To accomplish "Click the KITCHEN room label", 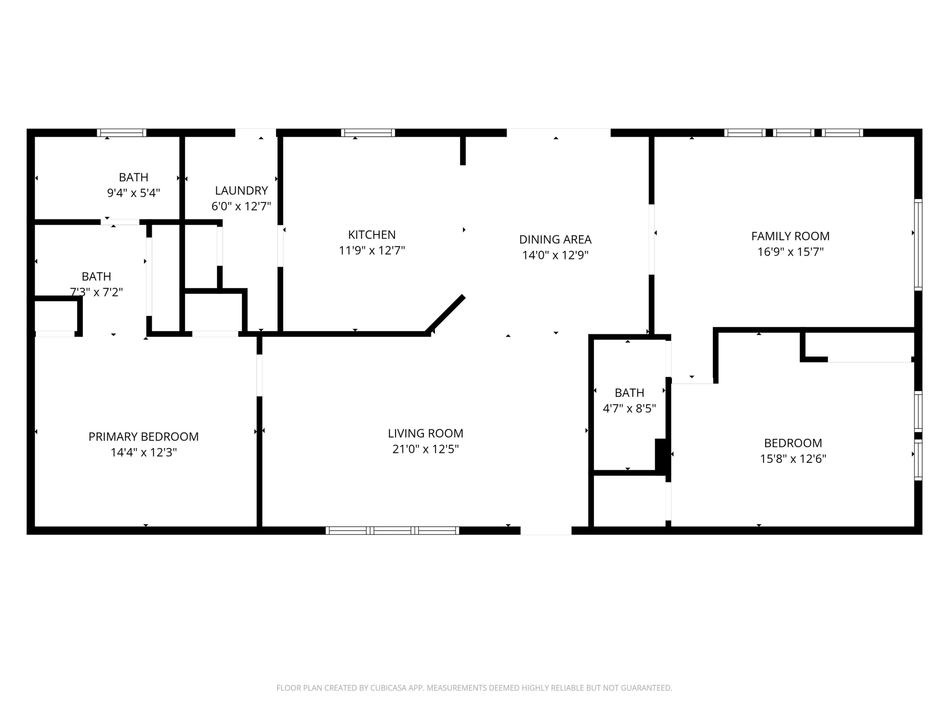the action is [x=372, y=235].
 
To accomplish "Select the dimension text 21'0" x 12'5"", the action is [x=425, y=449].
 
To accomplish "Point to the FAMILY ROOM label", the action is [x=790, y=236].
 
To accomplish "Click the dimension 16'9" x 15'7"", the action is [x=790, y=252].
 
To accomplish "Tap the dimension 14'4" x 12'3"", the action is [x=144, y=452].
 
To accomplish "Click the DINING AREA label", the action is [x=555, y=240].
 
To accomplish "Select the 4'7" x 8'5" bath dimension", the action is [x=630, y=408].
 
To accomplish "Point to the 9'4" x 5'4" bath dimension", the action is [x=133, y=193].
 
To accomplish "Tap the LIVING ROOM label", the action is [x=425, y=434].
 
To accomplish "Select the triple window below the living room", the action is [x=392, y=530].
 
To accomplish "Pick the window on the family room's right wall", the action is [x=918, y=245].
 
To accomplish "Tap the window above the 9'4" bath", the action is [x=121, y=133].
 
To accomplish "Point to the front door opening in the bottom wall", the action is [x=546, y=530].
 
